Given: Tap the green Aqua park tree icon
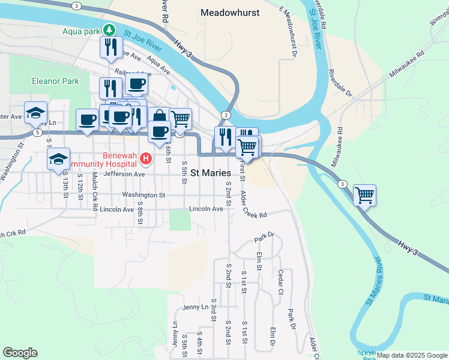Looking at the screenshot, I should click(109, 29).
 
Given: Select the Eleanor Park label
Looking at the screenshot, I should click(56, 81).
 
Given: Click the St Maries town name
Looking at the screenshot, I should click(211, 173).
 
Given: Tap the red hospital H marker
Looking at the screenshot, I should click(145, 159).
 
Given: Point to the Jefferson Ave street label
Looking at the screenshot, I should click(125, 174).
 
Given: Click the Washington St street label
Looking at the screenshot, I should click(143, 195).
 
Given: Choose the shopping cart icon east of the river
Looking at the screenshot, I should click(364, 194).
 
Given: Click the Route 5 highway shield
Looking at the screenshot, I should click(37, 132).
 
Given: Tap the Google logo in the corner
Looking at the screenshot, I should click(20, 353).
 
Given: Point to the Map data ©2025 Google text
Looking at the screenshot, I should click(412, 355).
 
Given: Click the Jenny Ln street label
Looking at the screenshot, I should click(196, 307).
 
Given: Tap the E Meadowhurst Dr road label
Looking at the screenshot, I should click(289, 27).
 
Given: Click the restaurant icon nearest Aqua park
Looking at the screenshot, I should click(111, 46).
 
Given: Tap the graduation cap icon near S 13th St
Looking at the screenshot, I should click(58, 159).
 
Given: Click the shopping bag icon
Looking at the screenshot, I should click(158, 116).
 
